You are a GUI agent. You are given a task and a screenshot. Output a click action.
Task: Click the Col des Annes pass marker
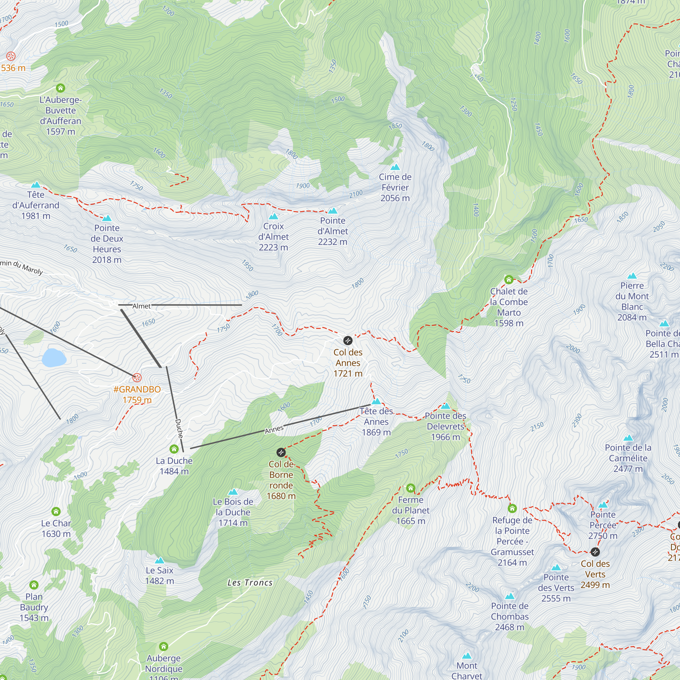347,340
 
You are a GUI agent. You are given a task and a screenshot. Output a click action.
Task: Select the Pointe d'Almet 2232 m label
332,231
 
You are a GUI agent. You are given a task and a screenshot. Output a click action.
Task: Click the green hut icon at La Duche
174,449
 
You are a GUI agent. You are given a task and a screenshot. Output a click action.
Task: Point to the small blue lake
54,358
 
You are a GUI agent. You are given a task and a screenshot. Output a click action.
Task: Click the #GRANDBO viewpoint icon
137,378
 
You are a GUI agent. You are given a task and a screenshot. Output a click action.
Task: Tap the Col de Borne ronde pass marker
280,452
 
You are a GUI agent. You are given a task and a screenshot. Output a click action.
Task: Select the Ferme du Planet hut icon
410,488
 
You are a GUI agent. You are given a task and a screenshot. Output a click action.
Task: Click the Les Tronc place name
250,582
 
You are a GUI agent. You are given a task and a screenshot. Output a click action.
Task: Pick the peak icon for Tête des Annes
376,401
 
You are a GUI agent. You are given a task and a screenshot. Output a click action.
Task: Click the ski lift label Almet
141,306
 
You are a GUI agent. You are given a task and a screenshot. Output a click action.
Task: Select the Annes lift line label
274,429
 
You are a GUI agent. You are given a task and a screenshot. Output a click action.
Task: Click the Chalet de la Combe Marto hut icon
509,280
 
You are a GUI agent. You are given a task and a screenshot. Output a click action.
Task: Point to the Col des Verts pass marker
595,551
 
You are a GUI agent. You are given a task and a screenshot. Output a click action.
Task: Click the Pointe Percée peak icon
603,505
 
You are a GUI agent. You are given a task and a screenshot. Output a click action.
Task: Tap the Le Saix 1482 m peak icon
159,560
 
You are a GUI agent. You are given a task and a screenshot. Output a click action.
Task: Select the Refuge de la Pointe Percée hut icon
512,508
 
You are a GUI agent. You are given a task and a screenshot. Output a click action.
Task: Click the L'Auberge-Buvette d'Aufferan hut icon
61,88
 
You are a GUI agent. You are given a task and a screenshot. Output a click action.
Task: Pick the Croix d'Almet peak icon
273,216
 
